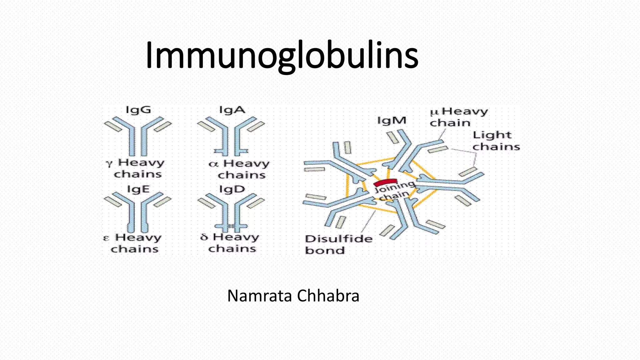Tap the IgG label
click(x=138, y=110)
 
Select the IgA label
click(x=232, y=110)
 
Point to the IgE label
click(x=138, y=189)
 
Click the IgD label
click(x=232, y=189)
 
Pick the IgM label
click(x=392, y=120)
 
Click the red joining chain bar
click(x=385, y=182)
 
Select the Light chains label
click(x=496, y=141)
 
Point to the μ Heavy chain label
click(x=458, y=117)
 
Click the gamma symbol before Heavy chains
click(x=109, y=163)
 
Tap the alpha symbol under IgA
click(x=213, y=164)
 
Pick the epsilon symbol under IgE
click(x=106, y=238)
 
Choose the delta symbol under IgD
click(x=204, y=237)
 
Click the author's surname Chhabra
click(x=328, y=296)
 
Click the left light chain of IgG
click(x=112, y=126)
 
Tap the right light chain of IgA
click(x=256, y=127)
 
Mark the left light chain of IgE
click(x=112, y=202)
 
